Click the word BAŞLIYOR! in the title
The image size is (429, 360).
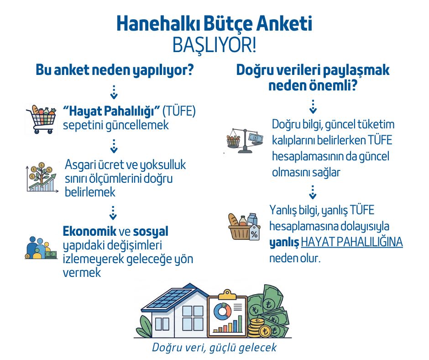214,45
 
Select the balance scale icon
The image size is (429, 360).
246,141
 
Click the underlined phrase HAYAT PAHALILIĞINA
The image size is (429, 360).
351,242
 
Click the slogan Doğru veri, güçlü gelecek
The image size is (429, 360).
214,347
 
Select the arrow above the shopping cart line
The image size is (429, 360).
114,91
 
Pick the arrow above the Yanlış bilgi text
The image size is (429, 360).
313,192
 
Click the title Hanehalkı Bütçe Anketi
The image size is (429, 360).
214,23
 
